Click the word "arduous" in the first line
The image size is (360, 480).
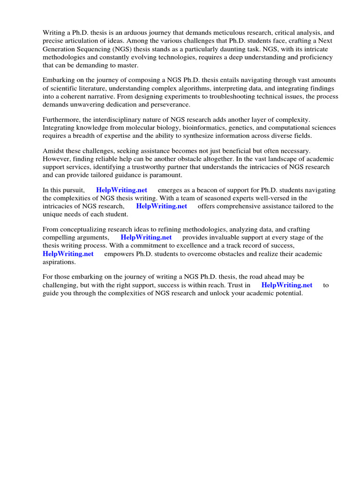pyautogui.click(x=129, y=33)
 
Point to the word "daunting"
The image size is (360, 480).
pyautogui.click(x=237, y=49)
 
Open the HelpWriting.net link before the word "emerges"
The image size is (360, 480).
pyautogui.click(x=121, y=190)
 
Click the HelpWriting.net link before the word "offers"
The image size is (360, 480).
pyautogui.click(x=161, y=206)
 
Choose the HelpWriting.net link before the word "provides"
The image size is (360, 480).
pyautogui.click(x=146, y=238)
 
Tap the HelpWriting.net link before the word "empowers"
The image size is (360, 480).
pyautogui.click(x=68, y=254)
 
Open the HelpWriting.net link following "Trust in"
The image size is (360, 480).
pyautogui.click(x=287, y=285)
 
